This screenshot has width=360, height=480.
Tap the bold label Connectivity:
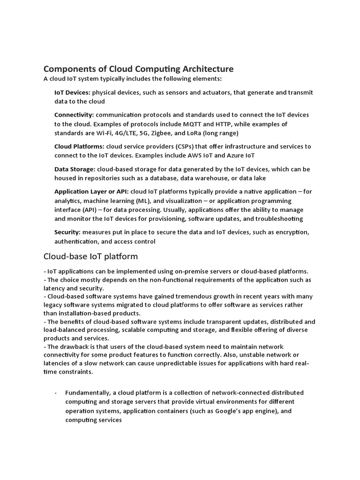coord(74,115)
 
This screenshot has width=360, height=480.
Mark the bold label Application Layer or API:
coord(91,191)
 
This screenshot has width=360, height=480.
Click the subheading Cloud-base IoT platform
coord(90,256)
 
